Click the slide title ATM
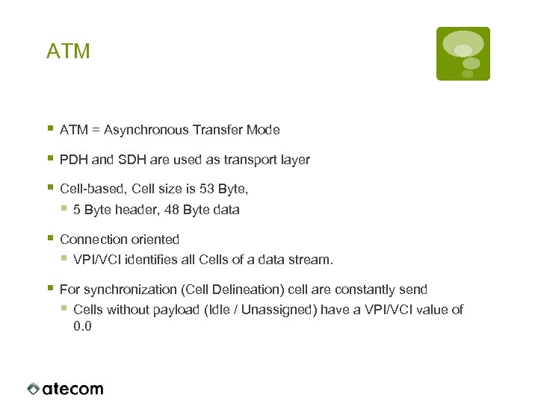(x=68, y=51)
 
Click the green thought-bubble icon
(x=463, y=53)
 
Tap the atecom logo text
(x=72, y=389)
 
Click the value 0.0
(x=82, y=326)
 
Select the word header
(x=123, y=210)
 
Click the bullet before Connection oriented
(x=50, y=239)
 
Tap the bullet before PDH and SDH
(x=50, y=159)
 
